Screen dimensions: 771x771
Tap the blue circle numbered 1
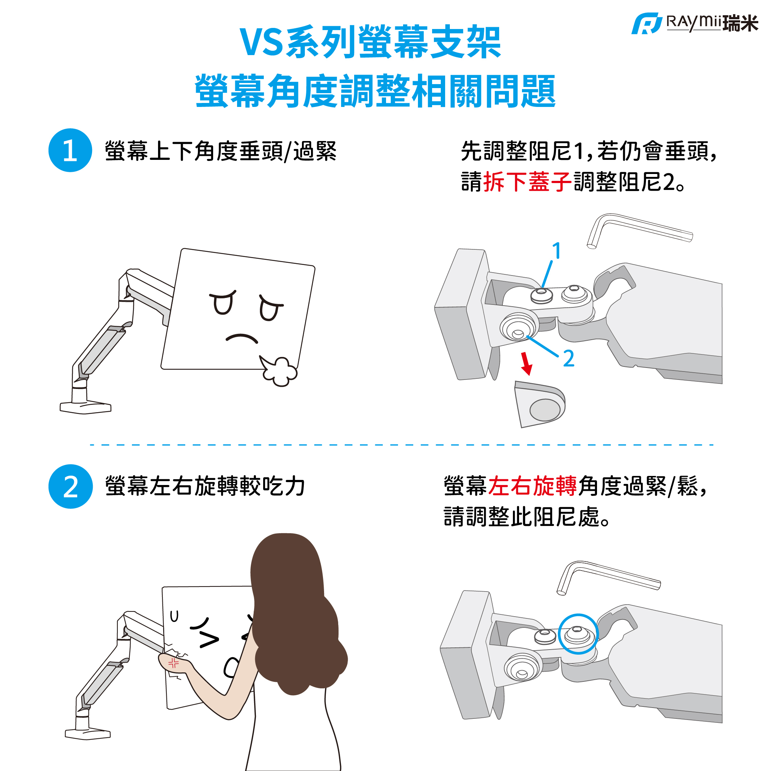(x=70, y=150)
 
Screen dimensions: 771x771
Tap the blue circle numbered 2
(x=71, y=486)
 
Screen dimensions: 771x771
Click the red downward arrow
(x=526, y=364)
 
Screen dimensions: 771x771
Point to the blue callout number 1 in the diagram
(x=557, y=250)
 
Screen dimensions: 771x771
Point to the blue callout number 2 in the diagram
(x=569, y=358)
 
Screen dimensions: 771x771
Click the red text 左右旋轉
(x=532, y=486)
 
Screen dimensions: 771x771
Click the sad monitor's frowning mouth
(x=242, y=339)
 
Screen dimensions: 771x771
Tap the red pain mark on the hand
(x=174, y=663)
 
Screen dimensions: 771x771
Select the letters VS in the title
(x=261, y=42)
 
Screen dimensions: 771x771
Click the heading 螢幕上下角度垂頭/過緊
(x=221, y=151)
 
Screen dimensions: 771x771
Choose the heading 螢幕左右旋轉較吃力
(x=205, y=486)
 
